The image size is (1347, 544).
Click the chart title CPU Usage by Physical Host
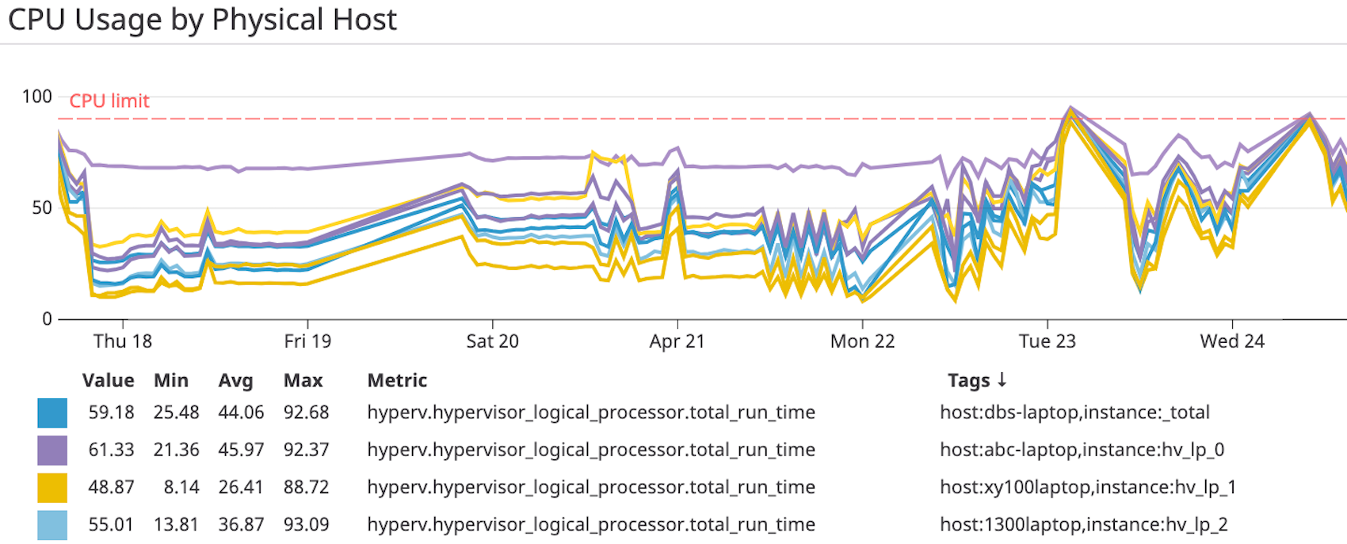(202, 20)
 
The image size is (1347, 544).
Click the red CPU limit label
(109, 101)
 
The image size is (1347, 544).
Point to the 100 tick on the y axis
(36, 97)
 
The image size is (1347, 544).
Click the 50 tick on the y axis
(41, 208)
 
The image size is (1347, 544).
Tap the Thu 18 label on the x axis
(122, 341)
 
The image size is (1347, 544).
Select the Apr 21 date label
(677, 341)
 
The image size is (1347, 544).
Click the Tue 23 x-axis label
(1047, 341)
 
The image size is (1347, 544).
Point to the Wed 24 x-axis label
(1232, 341)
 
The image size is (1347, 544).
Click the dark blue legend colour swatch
(52, 413)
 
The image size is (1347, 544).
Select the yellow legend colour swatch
(52, 487)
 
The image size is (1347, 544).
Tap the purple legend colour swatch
(52, 450)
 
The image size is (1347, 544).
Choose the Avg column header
(235, 381)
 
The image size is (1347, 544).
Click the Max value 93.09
(306, 524)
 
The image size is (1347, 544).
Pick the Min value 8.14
(181, 487)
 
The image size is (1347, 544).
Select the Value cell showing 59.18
(111, 413)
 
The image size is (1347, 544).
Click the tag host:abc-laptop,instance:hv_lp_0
(1082, 450)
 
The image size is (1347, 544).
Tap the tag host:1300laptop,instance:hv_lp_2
(1083, 524)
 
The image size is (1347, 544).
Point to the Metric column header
(397, 381)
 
